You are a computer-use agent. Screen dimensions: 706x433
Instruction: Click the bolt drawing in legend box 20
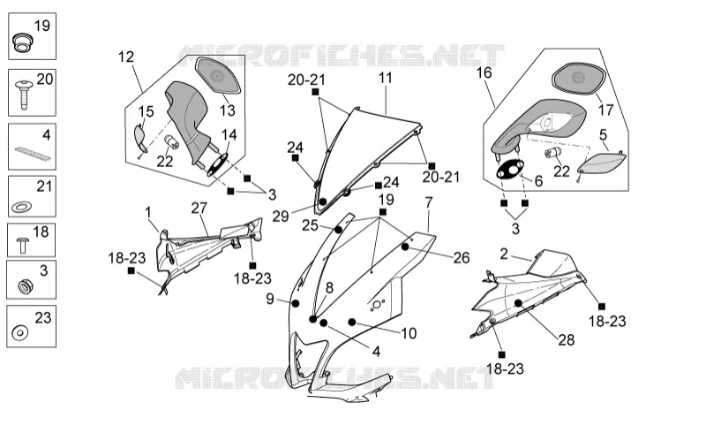click(24, 95)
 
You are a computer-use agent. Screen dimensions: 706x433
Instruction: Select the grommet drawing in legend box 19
click(20, 42)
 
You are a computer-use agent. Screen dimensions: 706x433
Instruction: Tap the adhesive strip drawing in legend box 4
click(33, 153)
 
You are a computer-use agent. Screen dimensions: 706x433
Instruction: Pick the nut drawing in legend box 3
click(24, 286)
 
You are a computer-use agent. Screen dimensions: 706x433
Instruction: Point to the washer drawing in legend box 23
click(19, 333)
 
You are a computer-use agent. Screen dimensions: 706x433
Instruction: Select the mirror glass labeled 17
click(579, 79)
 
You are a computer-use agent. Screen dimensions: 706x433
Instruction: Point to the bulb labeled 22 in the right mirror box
click(552, 153)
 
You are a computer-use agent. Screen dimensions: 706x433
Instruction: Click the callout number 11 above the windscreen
click(386, 78)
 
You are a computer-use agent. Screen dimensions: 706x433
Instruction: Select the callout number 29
click(280, 216)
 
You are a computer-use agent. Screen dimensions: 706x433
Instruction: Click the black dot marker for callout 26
click(405, 247)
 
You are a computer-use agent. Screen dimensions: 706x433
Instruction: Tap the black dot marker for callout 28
click(518, 303)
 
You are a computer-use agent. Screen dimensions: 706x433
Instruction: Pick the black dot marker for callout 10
click(352, 322)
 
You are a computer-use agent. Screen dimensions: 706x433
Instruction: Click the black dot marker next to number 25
click(338, 230)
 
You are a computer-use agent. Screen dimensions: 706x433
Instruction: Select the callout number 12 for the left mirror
click(126, 57)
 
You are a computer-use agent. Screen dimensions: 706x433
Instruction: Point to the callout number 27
click(199, 208)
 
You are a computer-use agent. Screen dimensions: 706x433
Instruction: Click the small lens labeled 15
click(141, 138)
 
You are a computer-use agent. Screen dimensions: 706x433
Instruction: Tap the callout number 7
click(428, 202)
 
